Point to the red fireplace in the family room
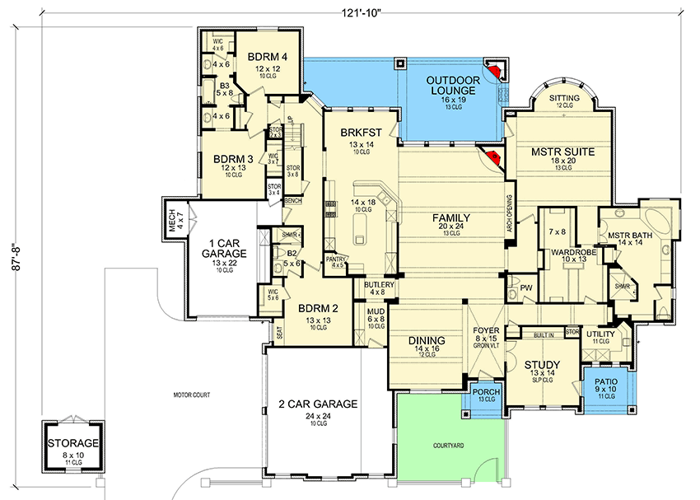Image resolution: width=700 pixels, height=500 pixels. point(494,157)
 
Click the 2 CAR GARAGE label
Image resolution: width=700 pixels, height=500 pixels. point(317,404)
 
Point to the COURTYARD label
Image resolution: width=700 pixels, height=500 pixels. point(450,446)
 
